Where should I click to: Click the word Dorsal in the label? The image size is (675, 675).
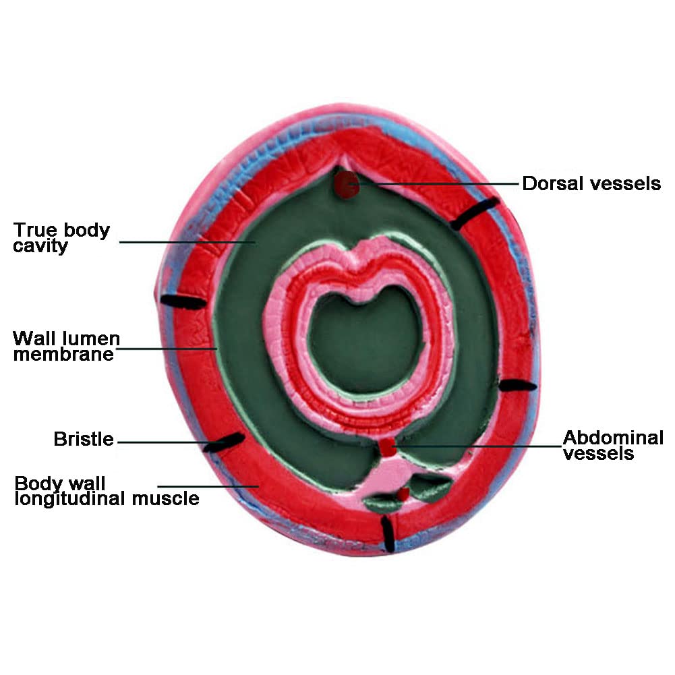point(548,183)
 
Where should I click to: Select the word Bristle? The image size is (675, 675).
point(84,440)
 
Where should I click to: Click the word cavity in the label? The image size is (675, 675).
point(41,246)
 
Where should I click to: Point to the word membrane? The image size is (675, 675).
point(63,355)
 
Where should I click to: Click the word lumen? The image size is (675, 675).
point(92,338)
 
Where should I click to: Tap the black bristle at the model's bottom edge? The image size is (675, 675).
point(387,533)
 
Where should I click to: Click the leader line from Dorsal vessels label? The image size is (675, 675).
point(438,183)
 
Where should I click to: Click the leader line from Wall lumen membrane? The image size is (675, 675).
point(169,349)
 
